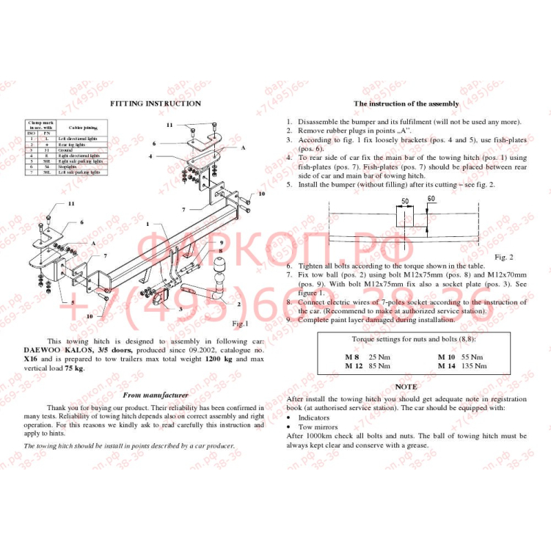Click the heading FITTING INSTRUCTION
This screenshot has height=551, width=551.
click(156, 103)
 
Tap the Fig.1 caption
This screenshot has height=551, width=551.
click(240, 324)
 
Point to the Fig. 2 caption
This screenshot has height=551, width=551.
click(503, 257)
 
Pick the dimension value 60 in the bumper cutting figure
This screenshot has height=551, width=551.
click(431, 199)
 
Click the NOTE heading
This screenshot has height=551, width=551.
click(406, 387)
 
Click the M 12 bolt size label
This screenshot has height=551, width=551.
click(354, 365)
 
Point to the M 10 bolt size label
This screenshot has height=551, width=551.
click(446, 357)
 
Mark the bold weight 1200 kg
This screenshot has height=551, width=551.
click(218, 360)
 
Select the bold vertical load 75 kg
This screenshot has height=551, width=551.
click(73, 368)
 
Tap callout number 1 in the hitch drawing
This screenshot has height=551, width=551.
click(147, 223)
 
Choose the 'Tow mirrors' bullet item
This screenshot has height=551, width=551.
click(318, 426)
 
